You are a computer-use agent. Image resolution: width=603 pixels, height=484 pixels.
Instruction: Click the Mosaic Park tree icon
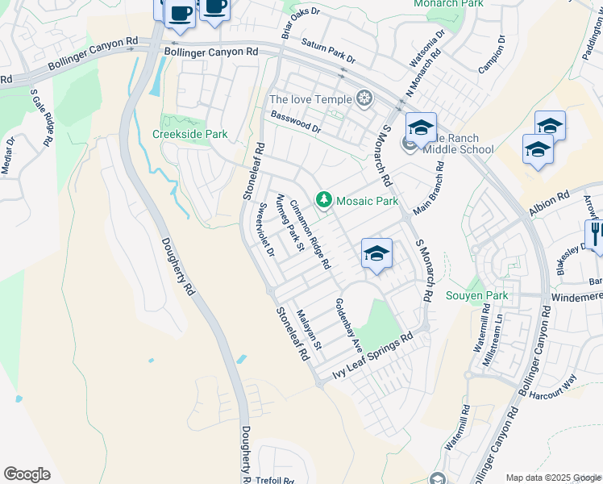pos(324,199)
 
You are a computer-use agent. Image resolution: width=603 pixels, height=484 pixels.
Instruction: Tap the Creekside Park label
pos(190,135)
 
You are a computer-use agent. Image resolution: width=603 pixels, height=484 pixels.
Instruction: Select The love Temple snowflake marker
pos(365,99)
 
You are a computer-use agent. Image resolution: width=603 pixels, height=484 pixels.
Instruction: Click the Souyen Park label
pos(477,296)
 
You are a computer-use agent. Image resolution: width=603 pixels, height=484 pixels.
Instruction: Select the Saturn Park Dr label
pos(328,55)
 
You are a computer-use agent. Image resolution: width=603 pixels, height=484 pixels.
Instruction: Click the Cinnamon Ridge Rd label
pos(310,234)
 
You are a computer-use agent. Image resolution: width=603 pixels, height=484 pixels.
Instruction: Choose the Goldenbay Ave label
pos(348,325)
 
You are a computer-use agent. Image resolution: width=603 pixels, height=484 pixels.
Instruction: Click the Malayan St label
pos(309,331)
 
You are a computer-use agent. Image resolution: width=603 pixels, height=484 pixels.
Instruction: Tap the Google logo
pos(27,474)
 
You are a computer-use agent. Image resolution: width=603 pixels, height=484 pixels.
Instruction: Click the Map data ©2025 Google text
pos(553,478)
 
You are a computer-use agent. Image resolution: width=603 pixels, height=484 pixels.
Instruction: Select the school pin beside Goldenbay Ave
pos(376,255)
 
